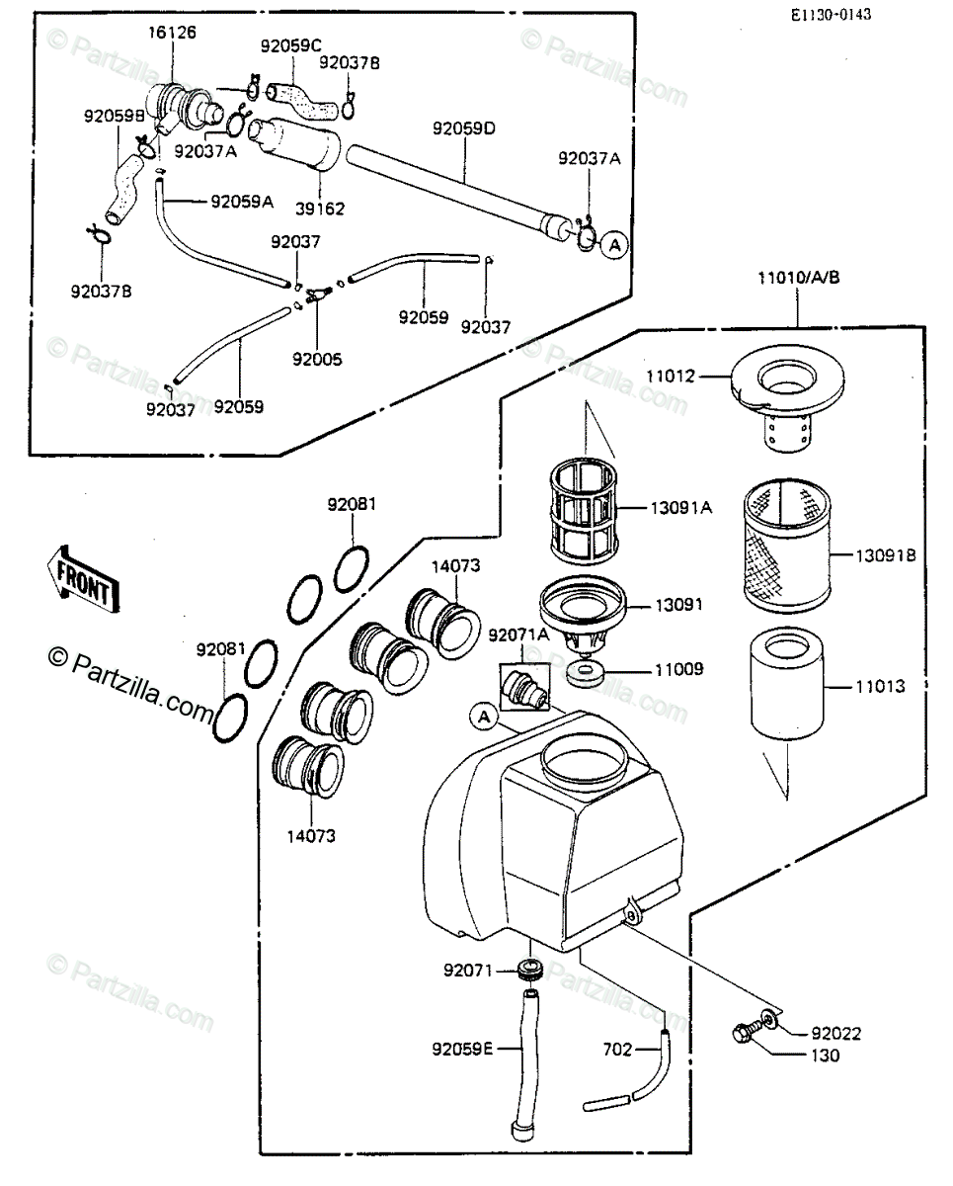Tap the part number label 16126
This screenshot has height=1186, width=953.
172,33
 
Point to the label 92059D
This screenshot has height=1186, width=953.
462,128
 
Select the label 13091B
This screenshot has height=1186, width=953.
884,555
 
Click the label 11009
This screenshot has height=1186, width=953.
676,669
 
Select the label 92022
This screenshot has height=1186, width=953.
836,1034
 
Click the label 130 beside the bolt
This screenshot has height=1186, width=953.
825,1056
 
